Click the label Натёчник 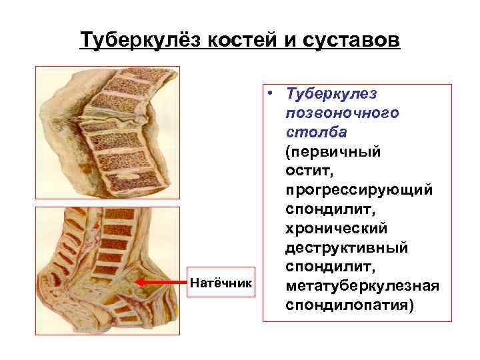coord(221,283)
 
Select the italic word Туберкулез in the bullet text coord(330,94)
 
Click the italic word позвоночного coord(342,113)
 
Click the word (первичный coord(333,151)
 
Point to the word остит coord(305,171)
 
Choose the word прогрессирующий coord(359,190)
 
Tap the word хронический coord(336,229)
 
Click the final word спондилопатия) coord(349,305)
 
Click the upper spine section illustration coord(107,133)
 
